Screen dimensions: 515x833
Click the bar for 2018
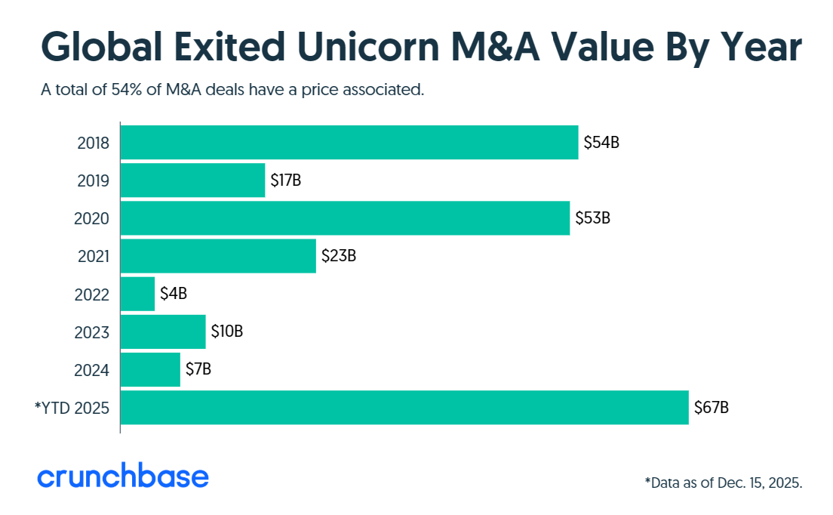pyautogui.click(x=349, y=143)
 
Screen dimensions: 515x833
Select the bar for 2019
pyautogui.click(x=192, y=180)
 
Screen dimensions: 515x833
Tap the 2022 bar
pyautogui.click(x=137, y=295)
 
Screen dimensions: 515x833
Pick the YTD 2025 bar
pyautogui.click(x=404, y=408)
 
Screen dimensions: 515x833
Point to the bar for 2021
pyautogui.click(x=218, y=256)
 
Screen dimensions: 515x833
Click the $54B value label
pyautogui.click(x=601, y=143)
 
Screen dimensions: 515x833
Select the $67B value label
pyautogui.click(x=712, y=408)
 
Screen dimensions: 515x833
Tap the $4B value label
pyautogui.click(x=174, y=295)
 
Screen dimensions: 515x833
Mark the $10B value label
pyautogui.click(x=226, y=332)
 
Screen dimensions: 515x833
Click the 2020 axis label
pyautogui.click(x=93, y=219)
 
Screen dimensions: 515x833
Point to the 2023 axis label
pyautogui.click(x=93, y=332)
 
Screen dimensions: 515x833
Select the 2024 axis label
pyautogui.click(x=93, y=370)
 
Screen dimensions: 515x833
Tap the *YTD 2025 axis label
pyautogui.click(x=72, y=409)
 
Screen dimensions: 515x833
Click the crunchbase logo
pyautogui.click(x=123, y=477)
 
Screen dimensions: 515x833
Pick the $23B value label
pyautogui.click(x=339, y=256)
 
